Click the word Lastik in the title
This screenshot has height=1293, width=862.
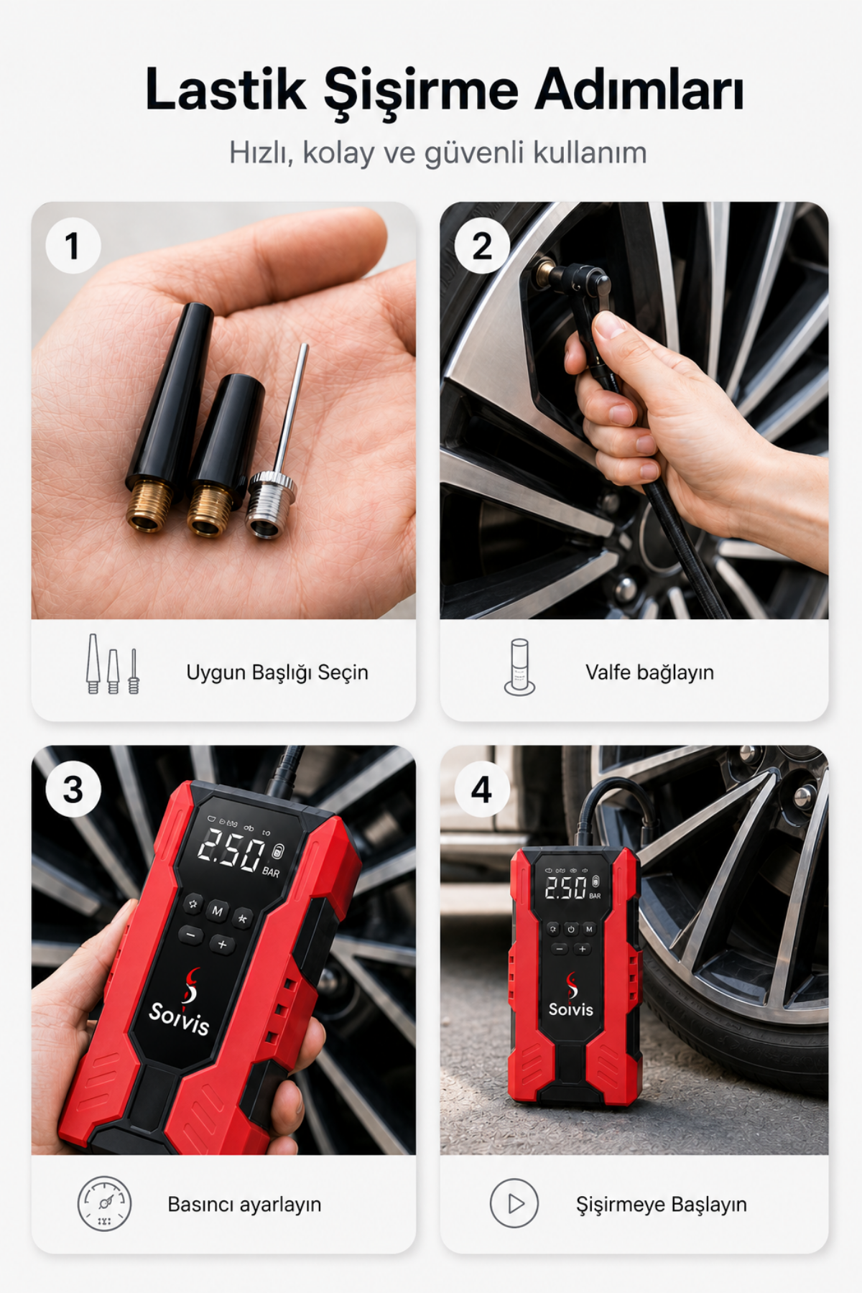[x=226, y=90]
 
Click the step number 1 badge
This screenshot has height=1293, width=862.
[x=73, y=246]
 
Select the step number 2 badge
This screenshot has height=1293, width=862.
[x=482, y=246]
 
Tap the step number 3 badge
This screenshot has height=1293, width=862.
[x=73, y=789]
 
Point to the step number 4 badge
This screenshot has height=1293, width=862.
[x=482, y=789]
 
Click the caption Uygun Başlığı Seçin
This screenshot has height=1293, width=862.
[x=277, y=672]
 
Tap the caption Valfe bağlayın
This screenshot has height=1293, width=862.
[x=649, y=672]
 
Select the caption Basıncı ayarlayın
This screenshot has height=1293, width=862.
[x=244, y=1204]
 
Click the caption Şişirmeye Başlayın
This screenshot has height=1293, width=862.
[x=662, y=1204]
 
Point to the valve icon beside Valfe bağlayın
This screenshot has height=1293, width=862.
[x=519, y=667]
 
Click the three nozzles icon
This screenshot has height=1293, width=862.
[x=113, y=664]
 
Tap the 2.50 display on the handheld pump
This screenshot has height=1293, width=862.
[x=231, y=851]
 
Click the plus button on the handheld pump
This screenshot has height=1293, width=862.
[x=222, y=945]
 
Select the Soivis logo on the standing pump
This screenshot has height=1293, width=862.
[x=571, y=996]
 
